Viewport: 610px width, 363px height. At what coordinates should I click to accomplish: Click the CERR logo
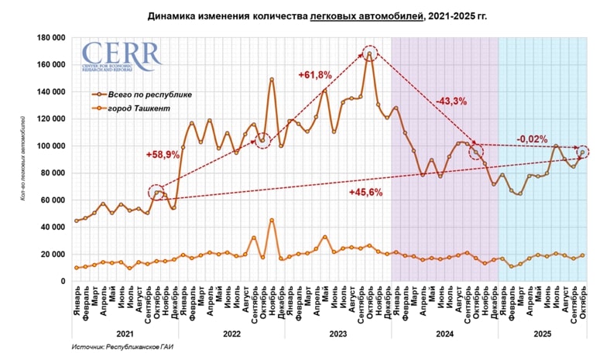click(x=122, y=57)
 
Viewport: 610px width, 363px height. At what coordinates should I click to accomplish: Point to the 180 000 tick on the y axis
click(x=50, y=37)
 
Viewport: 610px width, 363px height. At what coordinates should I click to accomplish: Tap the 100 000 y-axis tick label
click(x=50, y=146)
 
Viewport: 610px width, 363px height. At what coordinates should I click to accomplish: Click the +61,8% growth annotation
click(x=315, y=74)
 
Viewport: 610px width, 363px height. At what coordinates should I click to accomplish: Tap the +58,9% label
click(x=163, y=155)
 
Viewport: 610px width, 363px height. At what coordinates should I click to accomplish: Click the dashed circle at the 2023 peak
click(x=370, y=53)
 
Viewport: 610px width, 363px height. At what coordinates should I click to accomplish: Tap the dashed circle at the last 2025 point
click(x=582, y=152)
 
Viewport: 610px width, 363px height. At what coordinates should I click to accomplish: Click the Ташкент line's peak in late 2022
click(x=272, y=220)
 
